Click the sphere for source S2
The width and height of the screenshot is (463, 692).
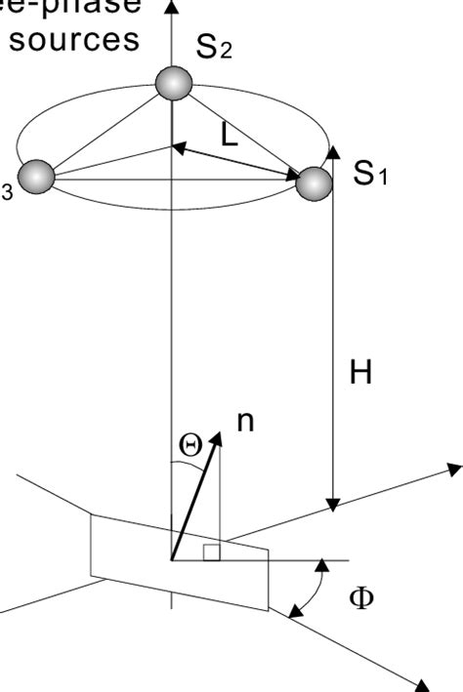[x=174, y=84]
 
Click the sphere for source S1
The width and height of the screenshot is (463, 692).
[x=314, y=183]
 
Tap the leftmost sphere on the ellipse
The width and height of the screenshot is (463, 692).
[x=36, y=176]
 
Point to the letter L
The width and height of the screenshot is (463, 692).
[x=229, y=136]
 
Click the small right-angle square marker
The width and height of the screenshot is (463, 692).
[x=211, y=553]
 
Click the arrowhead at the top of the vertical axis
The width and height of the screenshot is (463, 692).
[x=173, y=6]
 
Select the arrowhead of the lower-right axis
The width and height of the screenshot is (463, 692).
[x=426, y=683]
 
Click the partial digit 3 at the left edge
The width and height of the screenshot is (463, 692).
[x=6, y=193]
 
